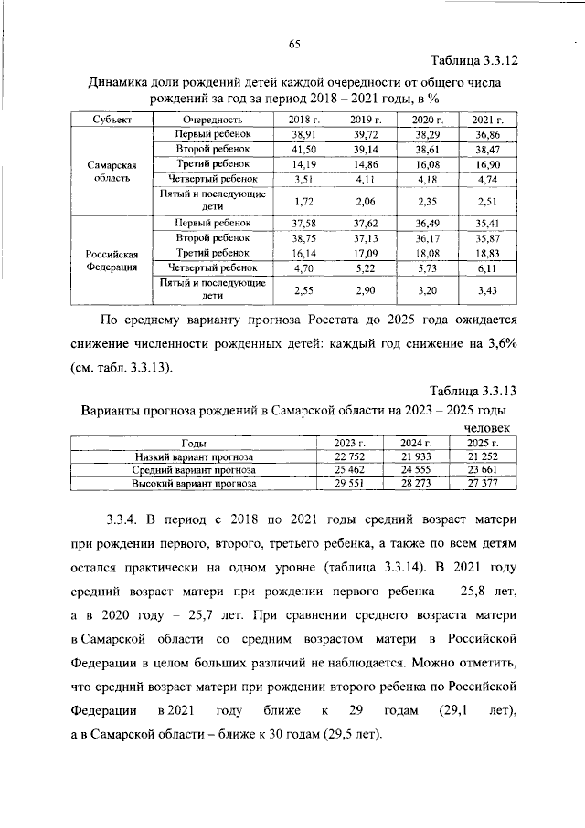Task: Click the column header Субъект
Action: click(x=112, y=120)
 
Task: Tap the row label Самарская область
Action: click(x=112, y=173)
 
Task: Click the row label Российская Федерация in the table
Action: click(x=112, y=260)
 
